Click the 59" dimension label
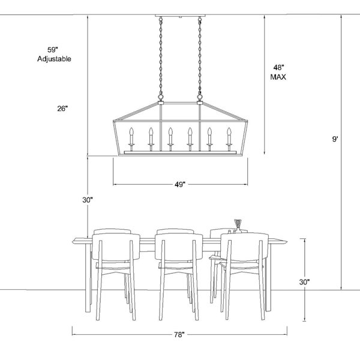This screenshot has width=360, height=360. click(53, 50)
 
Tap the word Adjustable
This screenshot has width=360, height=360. click(54, 59)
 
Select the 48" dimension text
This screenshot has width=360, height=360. click(279, 67)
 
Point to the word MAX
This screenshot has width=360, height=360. click(278, 77)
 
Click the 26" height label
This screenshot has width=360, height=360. click(62, 109)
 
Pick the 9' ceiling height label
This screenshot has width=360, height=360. click(335, 139)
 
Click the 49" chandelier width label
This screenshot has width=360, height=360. click(180, 184)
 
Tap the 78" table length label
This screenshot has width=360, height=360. click(179, 335)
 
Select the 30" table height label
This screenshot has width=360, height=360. click(304, 282)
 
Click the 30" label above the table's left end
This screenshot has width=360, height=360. click(88, 200)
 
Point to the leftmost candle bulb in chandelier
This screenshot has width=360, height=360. click(131, 131)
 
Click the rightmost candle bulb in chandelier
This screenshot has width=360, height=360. click(229, 131)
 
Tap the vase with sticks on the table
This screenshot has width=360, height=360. click(238, 226)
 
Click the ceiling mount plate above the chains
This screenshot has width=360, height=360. click(180, 16)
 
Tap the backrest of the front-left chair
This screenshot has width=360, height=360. click(116, 247)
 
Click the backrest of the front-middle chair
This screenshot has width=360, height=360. click(179, 247)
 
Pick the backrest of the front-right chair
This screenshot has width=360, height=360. click(245, 247)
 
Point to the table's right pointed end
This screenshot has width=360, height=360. click(287, 241)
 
